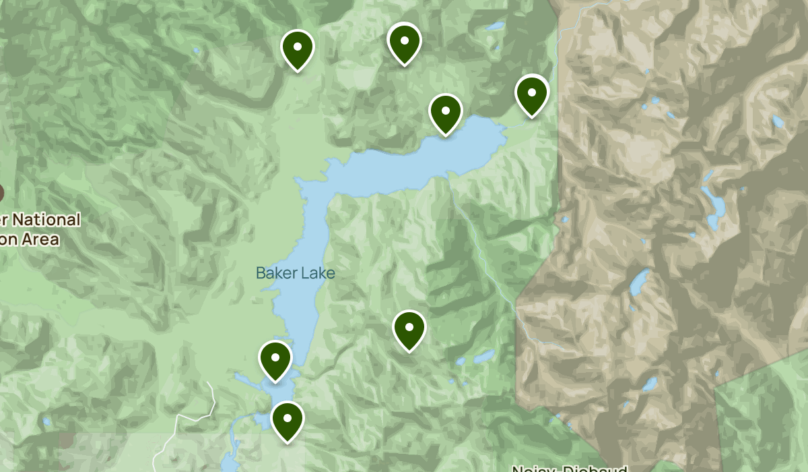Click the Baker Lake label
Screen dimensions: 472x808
click(295, 273)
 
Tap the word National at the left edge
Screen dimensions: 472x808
click(46, 220)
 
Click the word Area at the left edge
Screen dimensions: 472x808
click(40, 239)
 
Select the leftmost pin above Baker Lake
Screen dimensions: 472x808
click(297, 48)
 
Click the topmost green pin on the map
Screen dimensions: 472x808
click(404, 41)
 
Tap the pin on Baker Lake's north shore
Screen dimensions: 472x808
click(445, 113)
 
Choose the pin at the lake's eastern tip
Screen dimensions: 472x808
click(531, 94)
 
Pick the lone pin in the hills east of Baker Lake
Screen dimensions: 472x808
click(409, 329)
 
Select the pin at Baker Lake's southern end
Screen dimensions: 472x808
click(275, 359)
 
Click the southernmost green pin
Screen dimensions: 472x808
click(287, 419)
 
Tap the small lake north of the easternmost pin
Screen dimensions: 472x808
click(496, 27)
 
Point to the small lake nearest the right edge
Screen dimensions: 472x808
click(778, 121)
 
